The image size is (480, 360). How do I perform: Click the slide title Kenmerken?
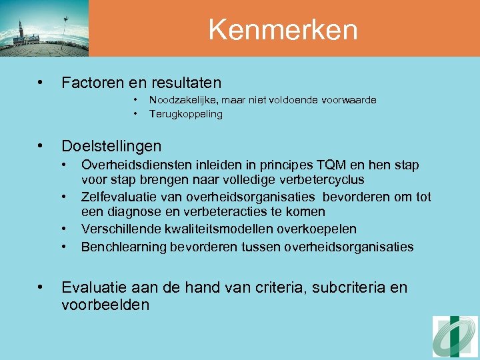283,29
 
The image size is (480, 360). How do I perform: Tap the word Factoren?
89,83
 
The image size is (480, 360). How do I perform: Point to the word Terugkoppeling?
186,114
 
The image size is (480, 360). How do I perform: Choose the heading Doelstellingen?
111,146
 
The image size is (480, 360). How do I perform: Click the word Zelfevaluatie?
119,197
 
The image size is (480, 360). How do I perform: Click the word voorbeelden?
105,305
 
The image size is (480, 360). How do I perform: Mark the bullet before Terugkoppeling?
135,114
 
